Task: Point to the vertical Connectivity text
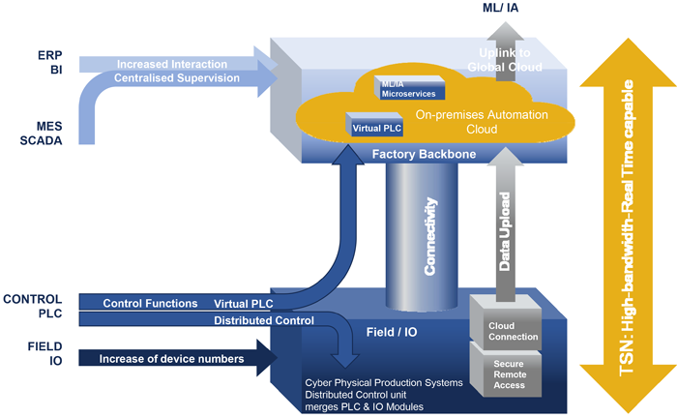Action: (x=432, y=236)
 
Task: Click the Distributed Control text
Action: (x=263, y=320)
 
